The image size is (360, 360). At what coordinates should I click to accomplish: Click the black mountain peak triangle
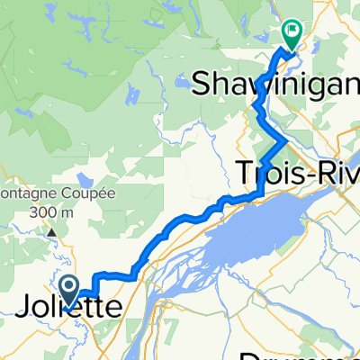tap(52, 231)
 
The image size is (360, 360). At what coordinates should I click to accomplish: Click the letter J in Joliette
tap(25, 308)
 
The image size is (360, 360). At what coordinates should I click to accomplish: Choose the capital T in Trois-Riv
tap(247, 171)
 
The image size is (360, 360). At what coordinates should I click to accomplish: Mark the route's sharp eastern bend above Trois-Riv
tap(287, 141)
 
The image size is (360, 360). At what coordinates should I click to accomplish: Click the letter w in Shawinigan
tap(255, 78)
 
